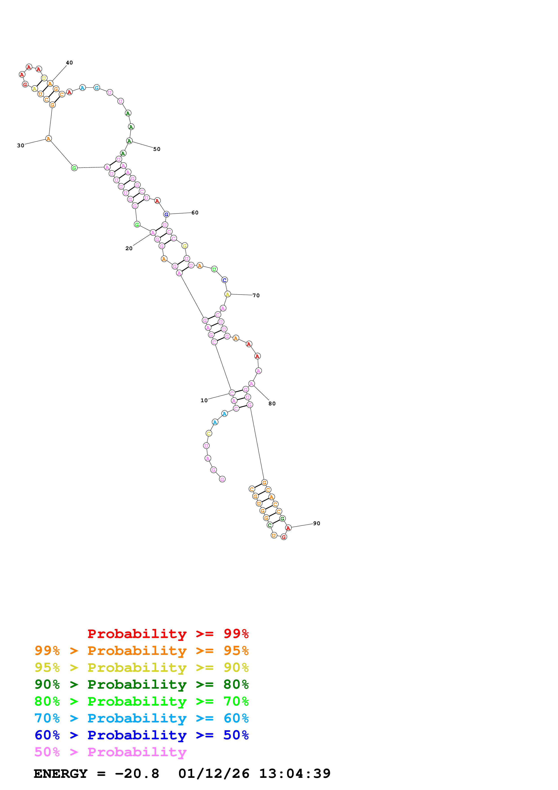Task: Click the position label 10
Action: pyautogui.click(x=204, y=400)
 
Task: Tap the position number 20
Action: pyautogui.click(x=129, y=248)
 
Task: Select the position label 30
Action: pyautogui.click(x=21, y=145)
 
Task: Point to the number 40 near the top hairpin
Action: pyautogui.click(x=69, y=63)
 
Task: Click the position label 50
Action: pyautogui.click(x=157, y=149)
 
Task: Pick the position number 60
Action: pyautogui.click(x=195, y=213)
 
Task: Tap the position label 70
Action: pyautogui.click(x=256, y=295)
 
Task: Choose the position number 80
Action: pyautogui.click(x=272, y=403)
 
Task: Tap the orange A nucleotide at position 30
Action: pyautogui.click(x=48, y=139)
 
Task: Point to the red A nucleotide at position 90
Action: pyautogui.click(x=288, y=528)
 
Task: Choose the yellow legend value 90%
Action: pyautogui.click(x=236, y=667)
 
